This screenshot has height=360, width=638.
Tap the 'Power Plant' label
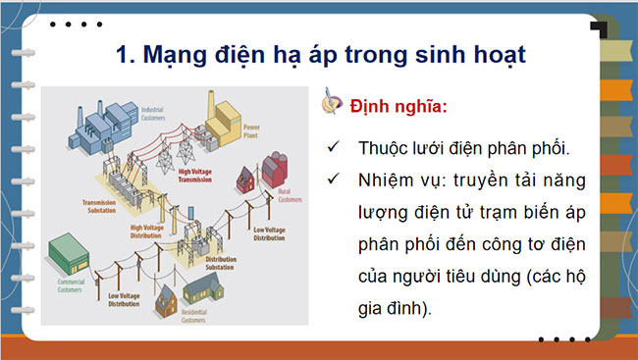click(252, 129)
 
